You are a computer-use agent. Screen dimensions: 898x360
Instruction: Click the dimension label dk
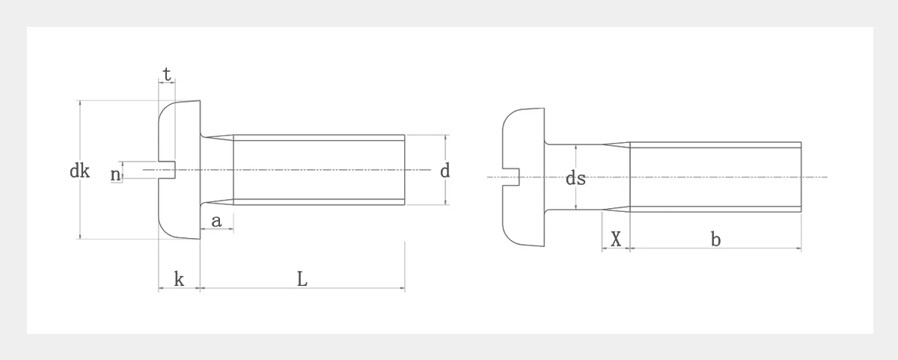79,171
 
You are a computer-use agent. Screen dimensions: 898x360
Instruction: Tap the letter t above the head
167,74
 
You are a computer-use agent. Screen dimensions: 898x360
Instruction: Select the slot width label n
115,175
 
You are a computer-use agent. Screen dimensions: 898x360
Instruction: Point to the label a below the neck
216,222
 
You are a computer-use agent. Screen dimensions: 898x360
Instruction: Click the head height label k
179,279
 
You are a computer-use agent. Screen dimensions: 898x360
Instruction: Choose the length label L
302,279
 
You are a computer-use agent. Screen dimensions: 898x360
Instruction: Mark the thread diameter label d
445,171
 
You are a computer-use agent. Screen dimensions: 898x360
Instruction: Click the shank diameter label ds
575,178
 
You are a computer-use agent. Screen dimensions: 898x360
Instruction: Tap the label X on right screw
616,240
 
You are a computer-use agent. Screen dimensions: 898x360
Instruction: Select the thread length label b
715,240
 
